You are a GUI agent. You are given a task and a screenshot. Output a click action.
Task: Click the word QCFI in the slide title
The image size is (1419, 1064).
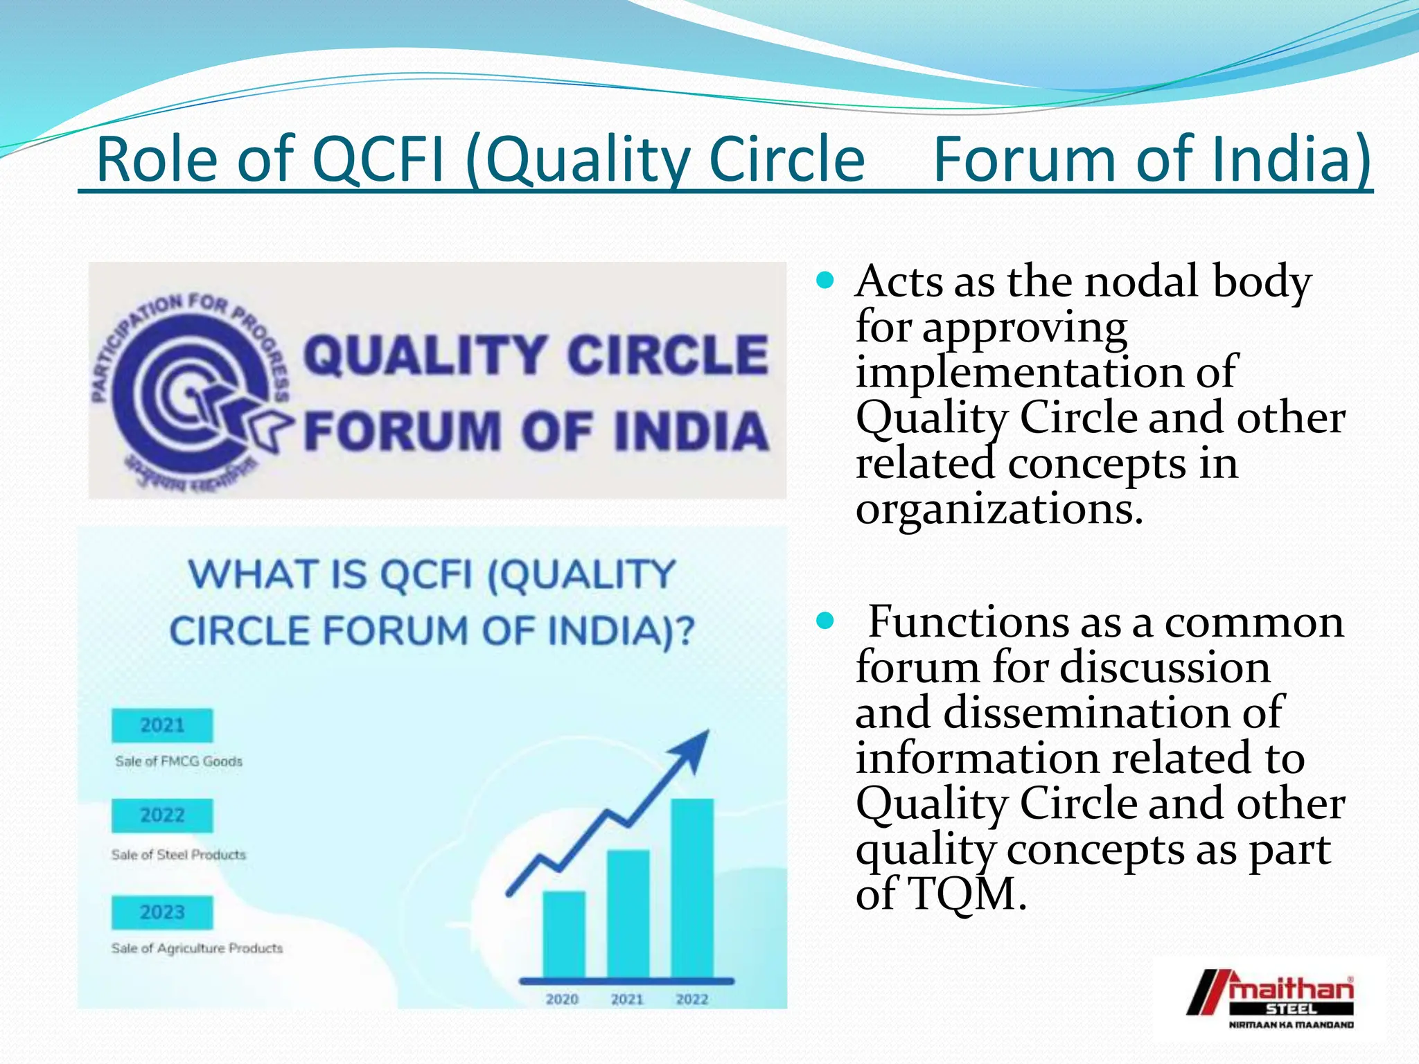[x=378, y=160]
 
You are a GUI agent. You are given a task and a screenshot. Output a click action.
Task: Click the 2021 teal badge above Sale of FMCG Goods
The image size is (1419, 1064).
[x=162, y=725]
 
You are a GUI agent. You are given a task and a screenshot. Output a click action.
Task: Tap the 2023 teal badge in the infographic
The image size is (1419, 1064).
[x=162, y=912]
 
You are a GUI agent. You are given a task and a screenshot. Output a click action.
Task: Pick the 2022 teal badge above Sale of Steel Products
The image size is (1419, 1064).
[x=162, y=815]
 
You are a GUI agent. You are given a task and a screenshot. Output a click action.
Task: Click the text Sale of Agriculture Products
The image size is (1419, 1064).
[x=197, y=948]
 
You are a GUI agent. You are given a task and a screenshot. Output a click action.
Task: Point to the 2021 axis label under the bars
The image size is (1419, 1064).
[x=627, y=1000]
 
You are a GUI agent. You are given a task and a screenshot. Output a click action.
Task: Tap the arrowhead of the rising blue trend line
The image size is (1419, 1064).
[x=696, y=747]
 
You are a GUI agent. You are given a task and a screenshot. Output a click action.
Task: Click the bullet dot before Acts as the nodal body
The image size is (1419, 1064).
[x=825, y=281]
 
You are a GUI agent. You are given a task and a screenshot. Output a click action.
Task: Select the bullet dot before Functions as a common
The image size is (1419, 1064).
[x=825, y=621]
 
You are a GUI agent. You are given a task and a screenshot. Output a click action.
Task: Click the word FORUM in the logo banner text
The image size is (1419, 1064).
[x=402, y=431]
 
